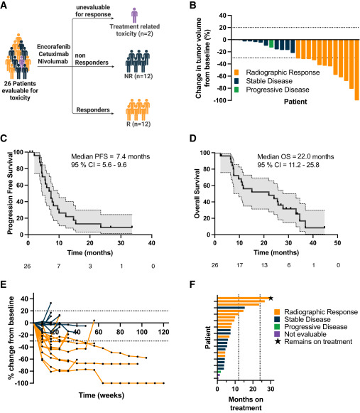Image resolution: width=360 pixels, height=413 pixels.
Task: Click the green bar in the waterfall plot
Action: tap(272, 43)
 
